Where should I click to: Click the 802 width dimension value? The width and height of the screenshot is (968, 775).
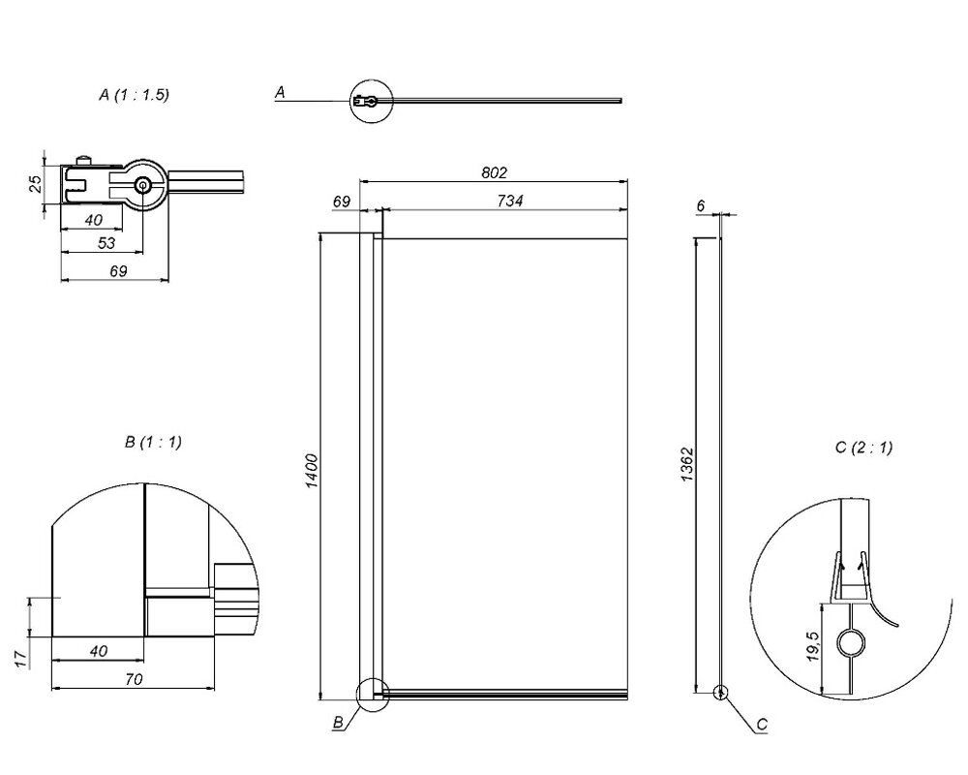(494, 173)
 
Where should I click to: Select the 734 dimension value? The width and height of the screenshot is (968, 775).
(510, 201)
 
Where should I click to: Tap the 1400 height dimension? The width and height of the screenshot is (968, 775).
(312, 471)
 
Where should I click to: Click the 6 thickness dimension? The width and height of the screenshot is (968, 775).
(701, 205)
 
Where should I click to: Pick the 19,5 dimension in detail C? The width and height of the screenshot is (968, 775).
(813, 646)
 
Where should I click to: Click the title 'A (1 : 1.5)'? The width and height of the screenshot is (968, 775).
(134, 95)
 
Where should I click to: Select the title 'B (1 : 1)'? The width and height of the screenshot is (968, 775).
(153, 443)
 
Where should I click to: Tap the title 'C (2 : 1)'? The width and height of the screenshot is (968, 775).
(863, 448)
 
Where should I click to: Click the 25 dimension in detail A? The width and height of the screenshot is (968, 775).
(36, 183)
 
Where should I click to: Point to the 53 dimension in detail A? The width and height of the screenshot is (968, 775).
(106, 243)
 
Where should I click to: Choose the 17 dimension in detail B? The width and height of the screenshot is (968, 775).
(21, 659)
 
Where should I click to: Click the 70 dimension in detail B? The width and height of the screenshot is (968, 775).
(134, 679)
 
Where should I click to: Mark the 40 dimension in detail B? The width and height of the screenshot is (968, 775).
(98, 651)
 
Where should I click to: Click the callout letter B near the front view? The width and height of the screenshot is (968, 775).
(338, 722)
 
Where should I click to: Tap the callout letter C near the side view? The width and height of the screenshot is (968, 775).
(762, 725)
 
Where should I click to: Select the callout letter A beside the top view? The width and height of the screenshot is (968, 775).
(280, 93)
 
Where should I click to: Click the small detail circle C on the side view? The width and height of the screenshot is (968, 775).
(720, 693)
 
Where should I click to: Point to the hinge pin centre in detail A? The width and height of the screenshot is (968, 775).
(143, 184)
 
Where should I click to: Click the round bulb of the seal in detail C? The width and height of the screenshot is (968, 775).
(851, 644)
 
